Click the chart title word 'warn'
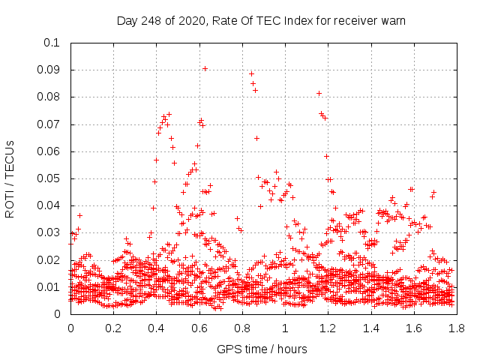pos(391,21)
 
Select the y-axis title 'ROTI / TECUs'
pos(10,178)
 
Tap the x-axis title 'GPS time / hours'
pos(262,349)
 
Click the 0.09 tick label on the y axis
pos(52,70)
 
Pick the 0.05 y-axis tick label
pos(52,178)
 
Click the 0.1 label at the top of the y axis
pos(55,43)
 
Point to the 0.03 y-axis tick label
pos(52,233)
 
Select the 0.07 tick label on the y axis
pos(52,124)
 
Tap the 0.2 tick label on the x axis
pos(114,328)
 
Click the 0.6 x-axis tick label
pos(199,328)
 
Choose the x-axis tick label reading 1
pos(285,328)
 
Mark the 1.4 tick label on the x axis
pos(370,328)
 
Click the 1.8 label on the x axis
pos(456,328)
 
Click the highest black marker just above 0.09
pos(205,68)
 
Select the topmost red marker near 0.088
pos(251,73)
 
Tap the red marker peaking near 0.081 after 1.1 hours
pos(319,93)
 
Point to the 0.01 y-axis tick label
pos(52,287)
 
